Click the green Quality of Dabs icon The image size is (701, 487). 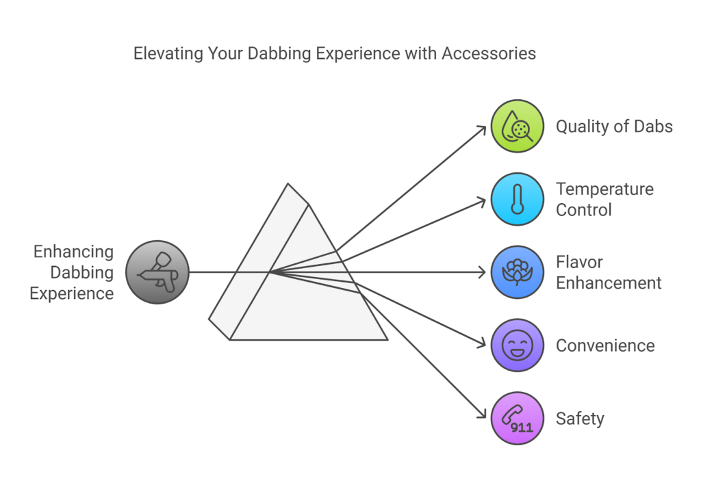point(518,126)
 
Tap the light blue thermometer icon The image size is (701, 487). point(518,199)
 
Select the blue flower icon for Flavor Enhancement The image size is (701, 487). point(518,272)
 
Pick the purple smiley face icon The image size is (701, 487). point(518,345)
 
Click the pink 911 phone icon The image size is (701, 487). point(518,418)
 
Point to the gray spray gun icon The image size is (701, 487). point(157,272)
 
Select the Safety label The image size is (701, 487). point(580,418)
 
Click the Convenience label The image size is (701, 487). point(605,345)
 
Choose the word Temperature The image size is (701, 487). point(604,189)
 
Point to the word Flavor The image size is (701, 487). point(579,262)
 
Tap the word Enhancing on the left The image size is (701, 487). point(74,251)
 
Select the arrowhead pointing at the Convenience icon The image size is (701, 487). point(482,344)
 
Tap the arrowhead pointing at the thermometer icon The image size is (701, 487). point(482,201)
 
